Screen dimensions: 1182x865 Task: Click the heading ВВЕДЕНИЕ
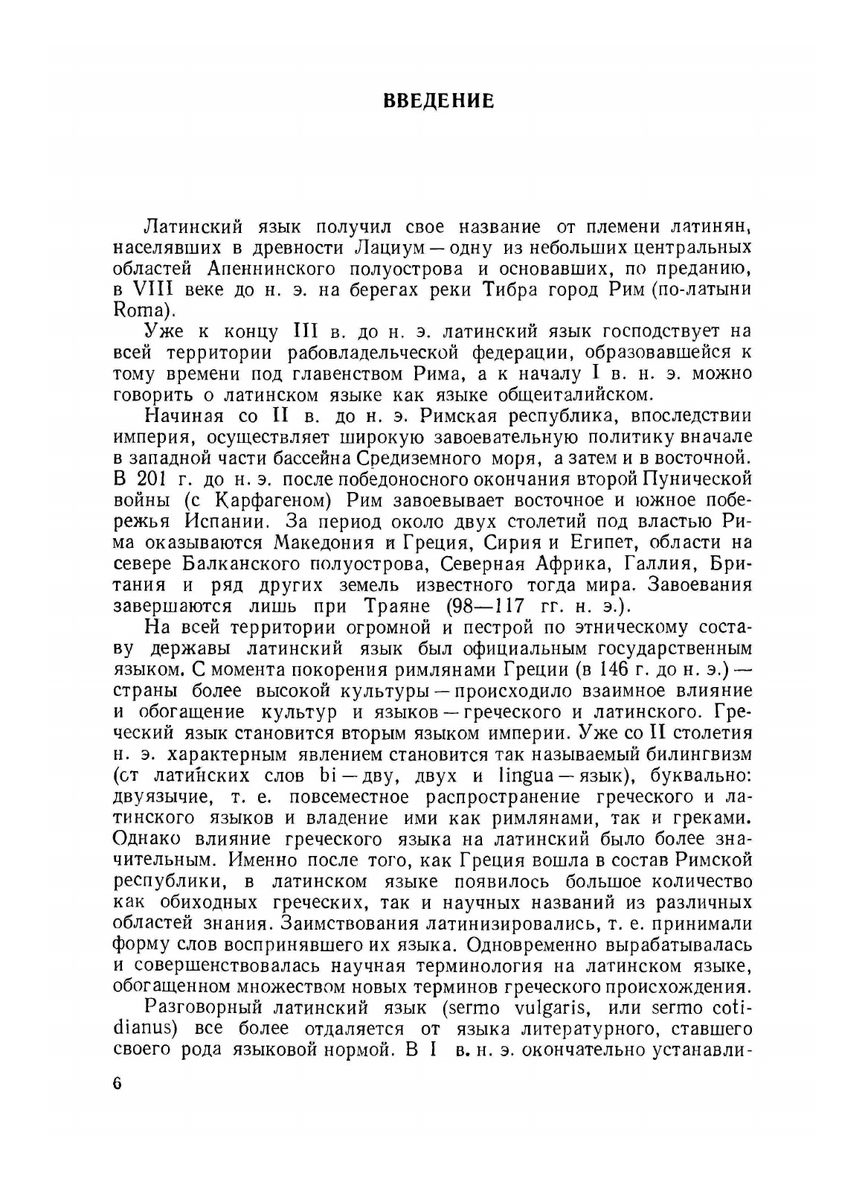click(438, 100)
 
